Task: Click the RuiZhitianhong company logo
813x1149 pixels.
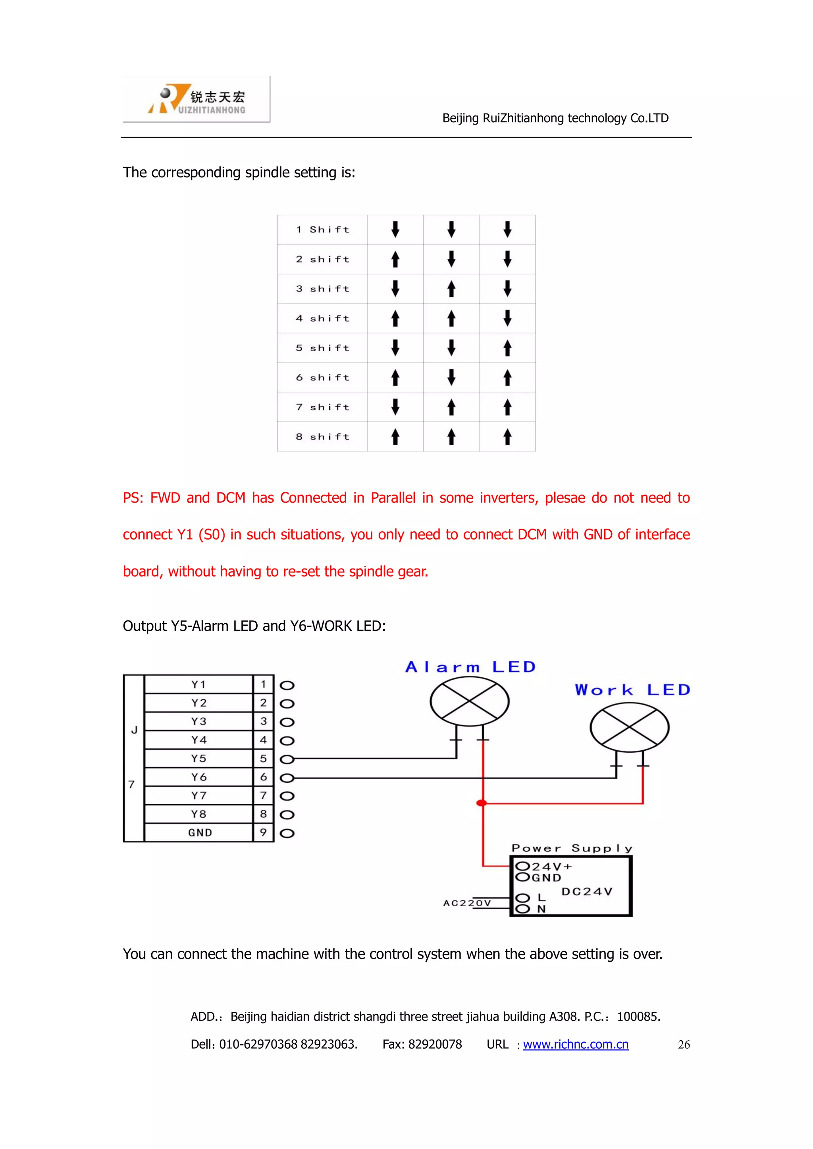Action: point(196,99)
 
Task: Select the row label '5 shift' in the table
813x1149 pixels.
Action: point(322,348)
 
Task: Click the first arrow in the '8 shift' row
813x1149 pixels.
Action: point(395,436)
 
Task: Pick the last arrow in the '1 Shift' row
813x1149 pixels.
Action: point(507,229)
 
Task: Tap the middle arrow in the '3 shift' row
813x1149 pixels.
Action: point(451,289)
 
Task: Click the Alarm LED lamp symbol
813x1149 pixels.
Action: point(469,701)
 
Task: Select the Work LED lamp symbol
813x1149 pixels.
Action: point(629,727)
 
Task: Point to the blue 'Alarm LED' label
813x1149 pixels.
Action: point(470,667)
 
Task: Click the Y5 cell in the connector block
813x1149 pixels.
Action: point(199,759)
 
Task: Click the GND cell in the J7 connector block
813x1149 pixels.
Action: point(200,833)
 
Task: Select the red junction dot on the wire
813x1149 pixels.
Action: point(482,803)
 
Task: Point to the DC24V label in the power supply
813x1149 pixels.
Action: point(587,891)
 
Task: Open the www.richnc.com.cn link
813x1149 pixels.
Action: point(575,1044)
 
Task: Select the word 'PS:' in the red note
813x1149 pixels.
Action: point(133,498)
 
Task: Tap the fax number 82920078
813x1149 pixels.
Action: point(435,1044)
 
